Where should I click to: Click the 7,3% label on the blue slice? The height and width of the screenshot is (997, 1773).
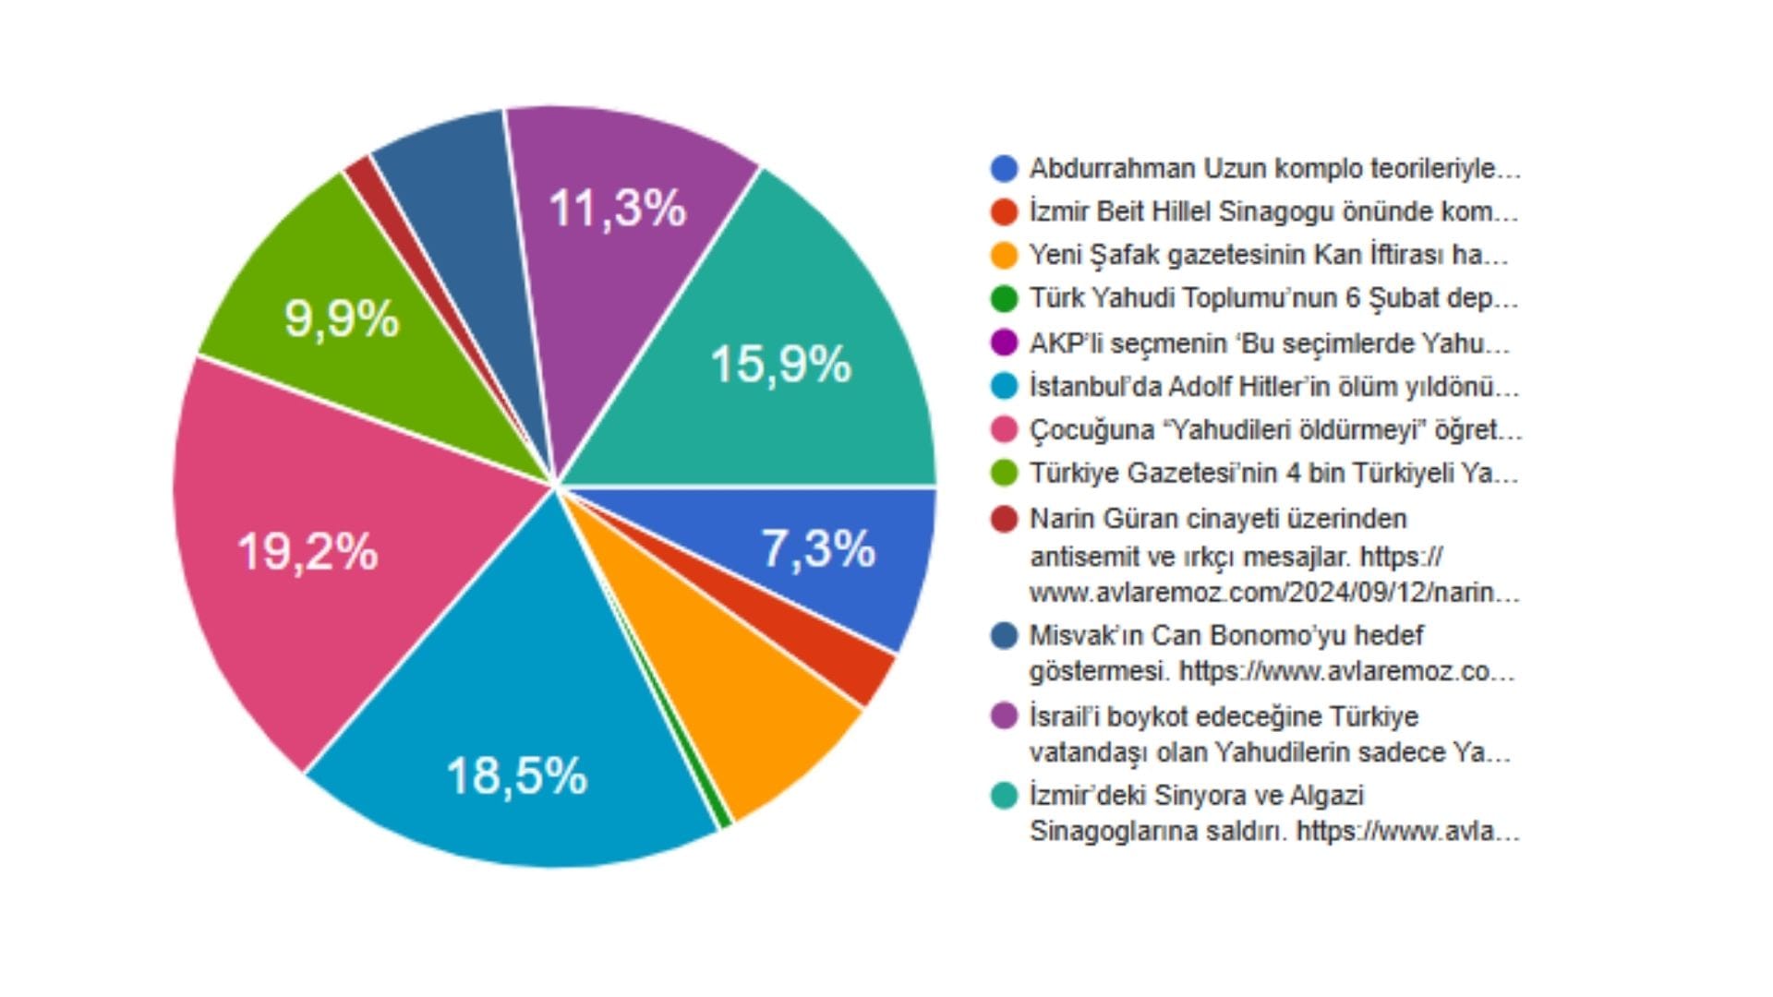818,549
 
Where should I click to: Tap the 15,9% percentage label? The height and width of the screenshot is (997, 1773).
780,364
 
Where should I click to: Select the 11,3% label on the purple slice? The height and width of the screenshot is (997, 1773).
618,208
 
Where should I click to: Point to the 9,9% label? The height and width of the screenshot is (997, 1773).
342,319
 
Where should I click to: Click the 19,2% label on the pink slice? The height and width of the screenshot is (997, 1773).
308,552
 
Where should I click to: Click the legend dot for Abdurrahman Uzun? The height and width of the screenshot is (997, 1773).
1004,169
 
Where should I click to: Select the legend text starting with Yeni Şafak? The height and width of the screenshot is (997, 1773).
1269,255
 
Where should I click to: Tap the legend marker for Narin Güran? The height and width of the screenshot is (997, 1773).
1004,519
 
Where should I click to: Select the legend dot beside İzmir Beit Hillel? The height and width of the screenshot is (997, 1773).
1004,212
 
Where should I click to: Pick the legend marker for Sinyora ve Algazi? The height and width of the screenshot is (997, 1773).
1004,795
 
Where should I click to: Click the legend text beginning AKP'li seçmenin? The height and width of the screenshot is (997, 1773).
1270,343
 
